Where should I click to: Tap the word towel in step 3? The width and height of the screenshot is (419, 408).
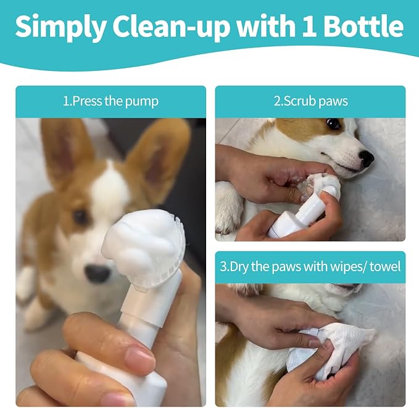click(x=385, y=266)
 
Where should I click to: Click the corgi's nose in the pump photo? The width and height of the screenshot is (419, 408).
click(x=97, y=273)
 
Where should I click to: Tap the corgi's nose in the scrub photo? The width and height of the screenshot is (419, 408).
click(x=366, y=158)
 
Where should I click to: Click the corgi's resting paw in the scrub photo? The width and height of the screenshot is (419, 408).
click(x=229, y=208)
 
